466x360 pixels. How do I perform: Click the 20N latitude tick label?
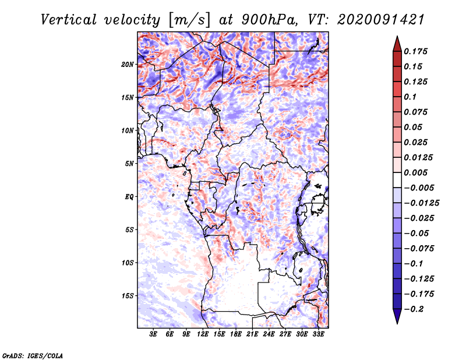pyautogui.click(x=127, y=65)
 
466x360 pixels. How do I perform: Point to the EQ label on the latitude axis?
pyautogui.click(x=129, y=197)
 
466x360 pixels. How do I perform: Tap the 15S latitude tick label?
pyautogui.click(x=128, y=296)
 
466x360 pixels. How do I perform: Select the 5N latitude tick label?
pyautogui.click(x=129, y=164)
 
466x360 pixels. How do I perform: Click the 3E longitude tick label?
pyautogui.click(x=153, y=334)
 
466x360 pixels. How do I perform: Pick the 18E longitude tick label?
pyautogui.click(x=236, y=334)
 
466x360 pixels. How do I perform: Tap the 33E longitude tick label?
pyautogui.click(x=318, y=334)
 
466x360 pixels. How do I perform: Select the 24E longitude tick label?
pyautogui.click(x=269, y=334)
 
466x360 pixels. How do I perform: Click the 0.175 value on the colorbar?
pyautogui.click(x=416, y=51)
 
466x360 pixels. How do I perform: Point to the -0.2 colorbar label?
pyautogui.click(x=414, y=309)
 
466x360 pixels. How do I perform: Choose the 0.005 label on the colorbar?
pyautogui.click(x=416, y=172)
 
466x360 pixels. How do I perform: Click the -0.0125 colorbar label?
pyautogui.click(x=421, y=203)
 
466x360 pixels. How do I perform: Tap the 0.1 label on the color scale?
pyautogui.click(x=410, y=97)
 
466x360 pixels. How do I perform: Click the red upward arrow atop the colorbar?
pyautogui.click(x=397, y=44)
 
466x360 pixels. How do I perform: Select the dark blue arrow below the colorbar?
pyautogui.click(x=397, y=316)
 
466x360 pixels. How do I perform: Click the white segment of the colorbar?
pyautogui.click(x=397, y=180)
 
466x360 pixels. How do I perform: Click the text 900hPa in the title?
pyautogui.click(x=269, y=20)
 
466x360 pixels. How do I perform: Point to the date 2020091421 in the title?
pyautogui.click(x=381, y=20)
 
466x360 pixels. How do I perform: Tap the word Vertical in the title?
pyautogui.click(x=69, y=20)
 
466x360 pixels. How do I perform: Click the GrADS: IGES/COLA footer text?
pyautogui.click(x=33, y=355)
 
